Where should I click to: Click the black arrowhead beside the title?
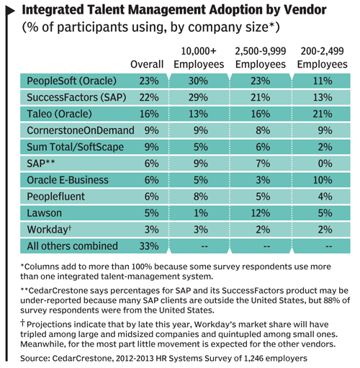click(9, 11)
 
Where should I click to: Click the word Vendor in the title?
click(305, 9)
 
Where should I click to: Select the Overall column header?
click(147, 64)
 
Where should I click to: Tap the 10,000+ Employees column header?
click(199, 58)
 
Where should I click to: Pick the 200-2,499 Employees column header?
click(323, 58)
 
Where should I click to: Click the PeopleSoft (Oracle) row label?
click(71, 81)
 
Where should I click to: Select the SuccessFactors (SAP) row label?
click(76, 97)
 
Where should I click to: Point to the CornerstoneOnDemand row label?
click(81, 130)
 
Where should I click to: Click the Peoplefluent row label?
click(55, 197)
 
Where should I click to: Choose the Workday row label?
click(49, 230)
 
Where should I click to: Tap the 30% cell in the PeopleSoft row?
click(198, 81)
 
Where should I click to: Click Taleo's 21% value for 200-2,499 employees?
click(323, 114)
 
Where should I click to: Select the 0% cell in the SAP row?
click(325, 163)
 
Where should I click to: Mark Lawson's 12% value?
click(261, 213)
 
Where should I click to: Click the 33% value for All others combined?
click(149, 246)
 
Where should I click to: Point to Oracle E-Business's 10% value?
click(323, 180)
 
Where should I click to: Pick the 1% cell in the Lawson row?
click(201, 213)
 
